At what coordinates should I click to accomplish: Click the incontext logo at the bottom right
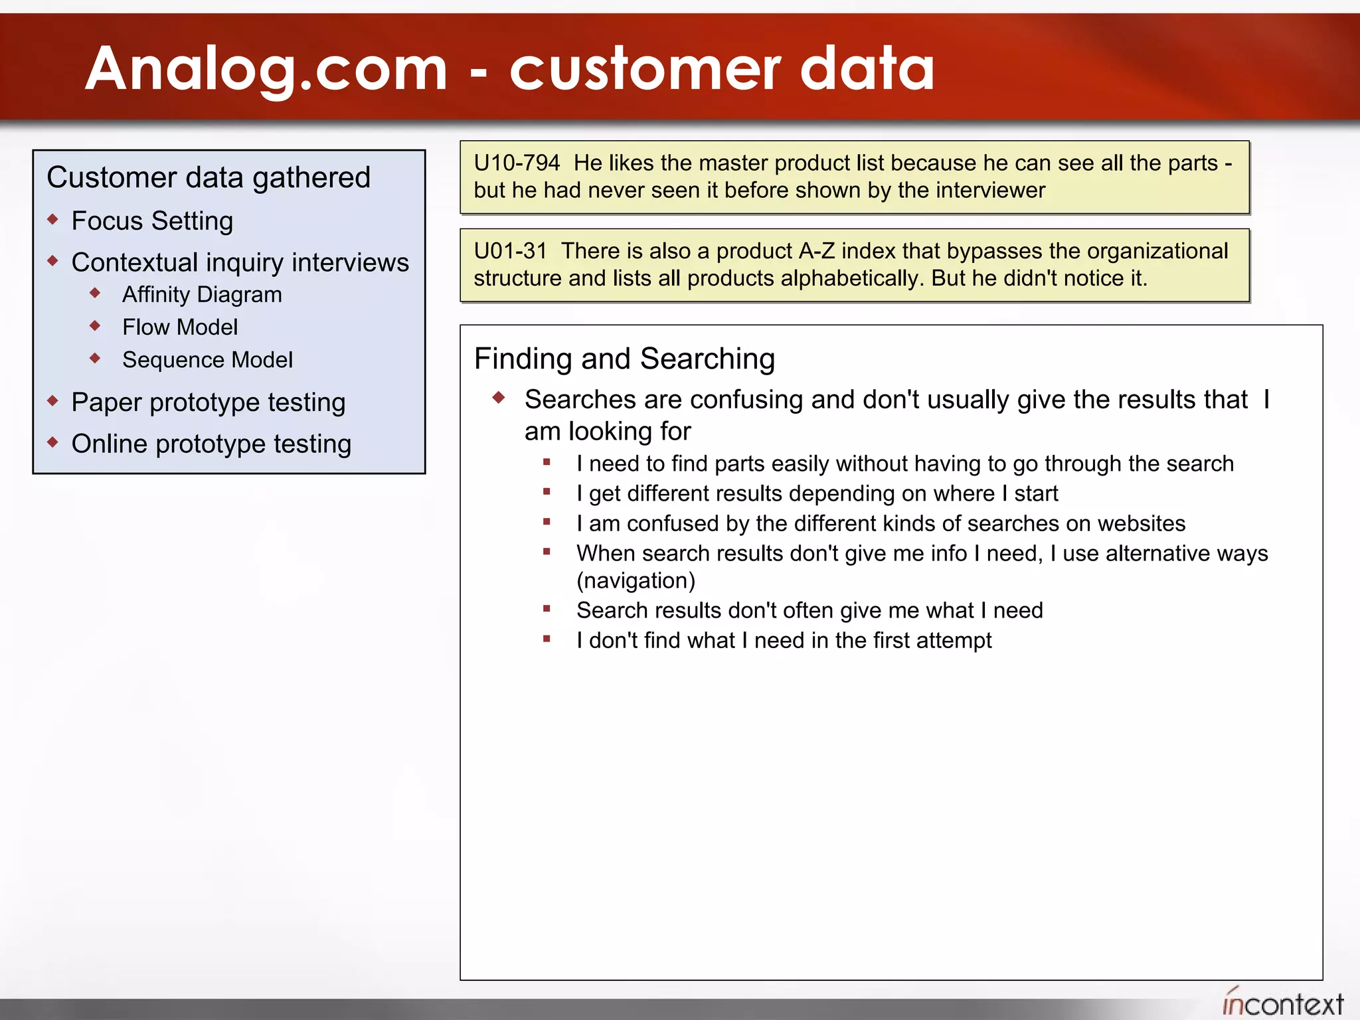pyautogui.click(x=1282, y=1003)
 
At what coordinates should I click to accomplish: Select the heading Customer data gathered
pyautogui.click(x=209, y=177)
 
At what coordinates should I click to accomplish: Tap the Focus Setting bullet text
pyautogui.click(x=152, y=220)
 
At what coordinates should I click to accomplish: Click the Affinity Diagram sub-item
pyautogui.click(x=202, y=294)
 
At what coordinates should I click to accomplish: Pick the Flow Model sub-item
pyautogui.click(x=180, y=327)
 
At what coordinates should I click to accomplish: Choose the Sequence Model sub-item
pyautogui.click(x=207, y=359)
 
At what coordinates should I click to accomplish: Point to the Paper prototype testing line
pyautogui.click(x=209, y=402)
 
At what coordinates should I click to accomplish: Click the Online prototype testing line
pyautogui.click(x=211, y=444)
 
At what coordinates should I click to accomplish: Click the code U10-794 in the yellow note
pyautogui.click(x=517, y=163)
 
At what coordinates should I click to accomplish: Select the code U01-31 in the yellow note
pyautogui.click(x=510, y=251)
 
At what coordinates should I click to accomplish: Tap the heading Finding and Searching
pyautogui.click(x=624, y=359)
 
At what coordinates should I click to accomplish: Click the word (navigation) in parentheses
pyautogui.click(x=636, y=580)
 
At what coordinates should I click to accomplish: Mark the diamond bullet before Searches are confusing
pyautogui.click(x=499, y=398)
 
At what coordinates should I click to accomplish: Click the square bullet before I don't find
pyautogui.click(x=547, y=639)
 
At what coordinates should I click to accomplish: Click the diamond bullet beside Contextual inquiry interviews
pyautogui.click(x=53, y=261)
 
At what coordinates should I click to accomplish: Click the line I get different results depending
pyautogui.click(x=817, y=493)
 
